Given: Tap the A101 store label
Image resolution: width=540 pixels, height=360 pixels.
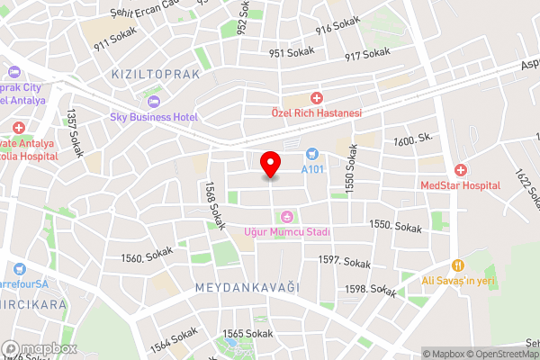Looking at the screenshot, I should pos(312,169).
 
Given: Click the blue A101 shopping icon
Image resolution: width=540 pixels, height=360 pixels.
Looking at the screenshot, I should pos(312,154).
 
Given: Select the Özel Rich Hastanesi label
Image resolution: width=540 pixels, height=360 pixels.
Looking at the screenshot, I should pos(316,113).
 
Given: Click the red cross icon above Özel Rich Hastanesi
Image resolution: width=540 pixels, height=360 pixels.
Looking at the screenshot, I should pos(316,98).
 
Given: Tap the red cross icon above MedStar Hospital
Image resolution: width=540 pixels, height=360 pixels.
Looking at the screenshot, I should pos(461,169).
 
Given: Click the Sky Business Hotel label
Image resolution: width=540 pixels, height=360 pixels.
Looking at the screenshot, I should pos(154,117).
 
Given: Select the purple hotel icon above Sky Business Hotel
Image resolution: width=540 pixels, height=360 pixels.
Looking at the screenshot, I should pos(154,101).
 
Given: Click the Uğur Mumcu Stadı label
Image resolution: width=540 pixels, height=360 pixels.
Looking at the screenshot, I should pos(287,232).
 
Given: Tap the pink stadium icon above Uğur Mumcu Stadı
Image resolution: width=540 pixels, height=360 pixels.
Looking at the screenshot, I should pos(287,217).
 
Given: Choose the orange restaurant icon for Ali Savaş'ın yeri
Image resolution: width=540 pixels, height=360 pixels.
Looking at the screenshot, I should pos(458,265).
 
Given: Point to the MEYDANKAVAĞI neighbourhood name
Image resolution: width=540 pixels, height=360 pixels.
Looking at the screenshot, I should pos(247,286).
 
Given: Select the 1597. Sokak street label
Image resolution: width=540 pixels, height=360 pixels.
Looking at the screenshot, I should pos(345,262).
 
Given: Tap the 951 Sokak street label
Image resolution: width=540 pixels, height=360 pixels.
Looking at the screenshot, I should pos(291,52).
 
